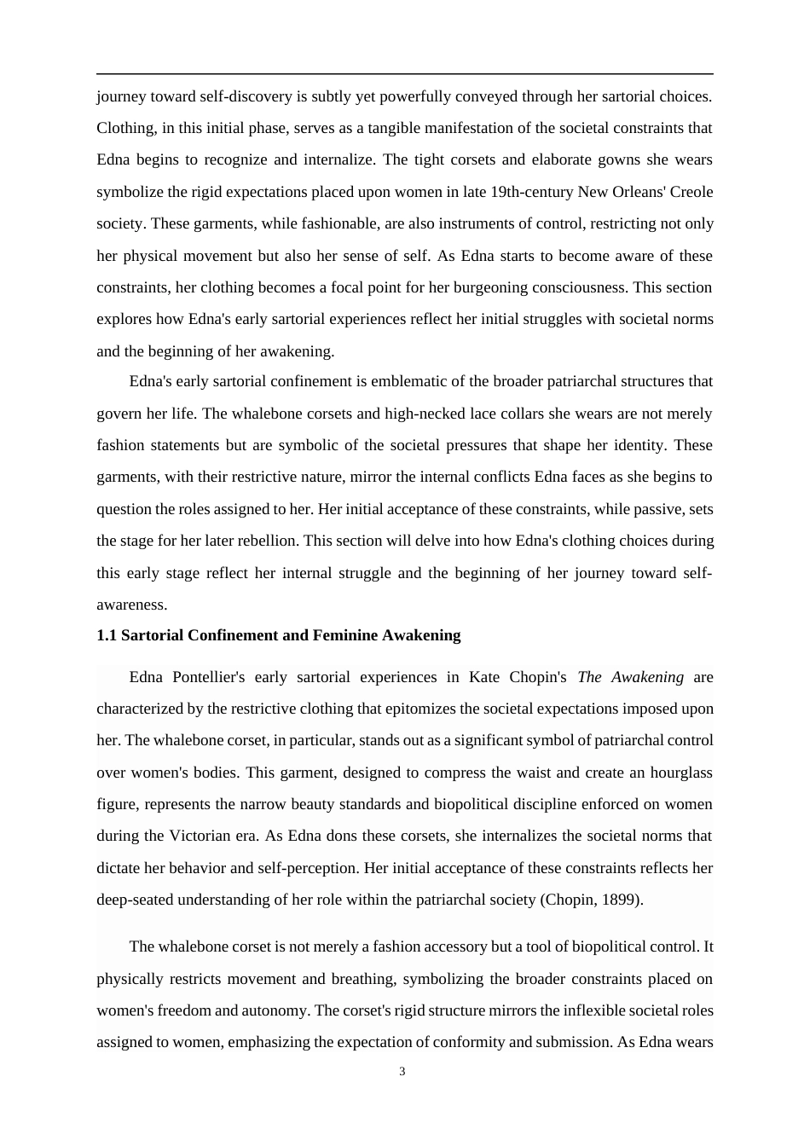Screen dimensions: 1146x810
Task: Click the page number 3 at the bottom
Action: coord(402,1072)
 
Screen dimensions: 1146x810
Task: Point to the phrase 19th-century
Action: coord(532,192)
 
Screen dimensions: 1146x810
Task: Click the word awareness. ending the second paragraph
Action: coord(132,605)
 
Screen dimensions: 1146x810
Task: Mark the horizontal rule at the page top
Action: coord(405,74)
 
